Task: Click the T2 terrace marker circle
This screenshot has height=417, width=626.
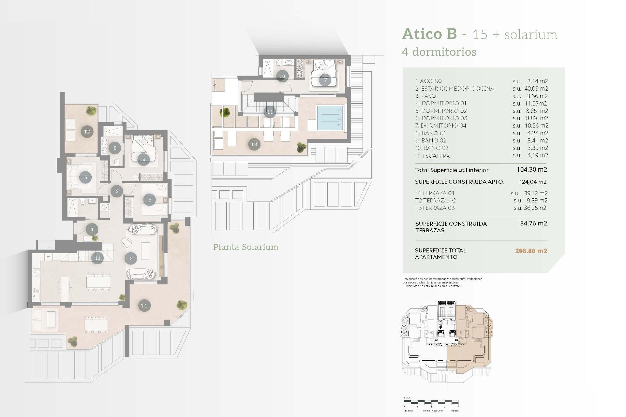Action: point(87,132)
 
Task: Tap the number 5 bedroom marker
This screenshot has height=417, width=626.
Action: point(85,178)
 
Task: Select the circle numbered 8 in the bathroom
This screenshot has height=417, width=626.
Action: point(115,148)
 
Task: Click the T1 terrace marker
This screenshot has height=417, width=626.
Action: point(144,306)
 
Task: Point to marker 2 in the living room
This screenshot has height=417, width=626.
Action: point(131,258)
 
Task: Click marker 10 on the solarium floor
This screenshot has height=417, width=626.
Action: point(282,76)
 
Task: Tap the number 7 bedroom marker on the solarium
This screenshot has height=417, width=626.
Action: point(325,80)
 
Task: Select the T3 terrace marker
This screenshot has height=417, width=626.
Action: point(254,144)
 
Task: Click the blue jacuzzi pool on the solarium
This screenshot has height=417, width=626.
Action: point(330,118)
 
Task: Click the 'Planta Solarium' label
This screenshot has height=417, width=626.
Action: point(246,247)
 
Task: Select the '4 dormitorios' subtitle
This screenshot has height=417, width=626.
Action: point(439,52)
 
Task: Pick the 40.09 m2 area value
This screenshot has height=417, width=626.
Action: point(536,89)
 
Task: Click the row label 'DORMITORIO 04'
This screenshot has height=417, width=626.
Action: point(443,126)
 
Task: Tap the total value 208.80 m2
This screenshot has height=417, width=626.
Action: point(531,251)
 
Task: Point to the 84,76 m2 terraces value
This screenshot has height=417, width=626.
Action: point(533,223)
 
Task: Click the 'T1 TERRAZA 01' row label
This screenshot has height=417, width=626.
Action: point(435,193)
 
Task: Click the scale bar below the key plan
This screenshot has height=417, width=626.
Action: point(431,403)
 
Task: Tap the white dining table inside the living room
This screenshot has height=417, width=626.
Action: point(98,281)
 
